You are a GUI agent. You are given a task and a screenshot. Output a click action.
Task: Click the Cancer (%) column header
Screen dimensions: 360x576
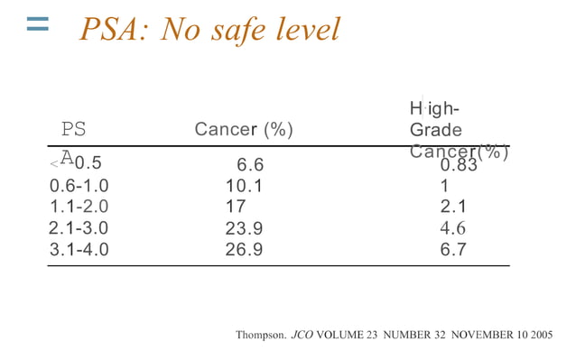(x=244, y=130)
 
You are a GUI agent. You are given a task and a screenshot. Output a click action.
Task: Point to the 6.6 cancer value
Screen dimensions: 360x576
(x=250, y=165)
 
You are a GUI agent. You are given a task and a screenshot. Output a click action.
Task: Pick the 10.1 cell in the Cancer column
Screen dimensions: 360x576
(x=244, y=186)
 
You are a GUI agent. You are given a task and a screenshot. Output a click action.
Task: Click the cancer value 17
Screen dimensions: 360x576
(x=236, y=207)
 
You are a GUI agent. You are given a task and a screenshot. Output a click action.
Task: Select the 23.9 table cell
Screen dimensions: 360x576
(x=244, y=228)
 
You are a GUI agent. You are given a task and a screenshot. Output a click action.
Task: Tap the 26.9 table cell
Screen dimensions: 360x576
(x=244, y=249)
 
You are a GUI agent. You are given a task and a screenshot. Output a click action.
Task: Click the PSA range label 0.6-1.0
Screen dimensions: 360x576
(x=79, y=186)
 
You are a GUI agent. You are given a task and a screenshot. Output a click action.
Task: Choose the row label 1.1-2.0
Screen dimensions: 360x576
(x=79, y=207)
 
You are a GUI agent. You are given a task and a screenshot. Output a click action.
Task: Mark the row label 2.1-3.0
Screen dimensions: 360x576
(x=79, y=228)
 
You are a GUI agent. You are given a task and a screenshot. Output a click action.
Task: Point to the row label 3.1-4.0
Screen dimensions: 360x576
(x=79, y=249)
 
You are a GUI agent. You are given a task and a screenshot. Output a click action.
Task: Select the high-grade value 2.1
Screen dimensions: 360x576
(x=453, y=207)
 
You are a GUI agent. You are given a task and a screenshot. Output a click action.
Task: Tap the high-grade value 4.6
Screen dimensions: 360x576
(x=453, y=228)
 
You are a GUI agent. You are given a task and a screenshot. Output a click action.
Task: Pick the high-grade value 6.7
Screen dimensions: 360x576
(x=453, y=249)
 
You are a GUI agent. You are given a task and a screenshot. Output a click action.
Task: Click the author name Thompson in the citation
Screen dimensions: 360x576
(x=260, y=335)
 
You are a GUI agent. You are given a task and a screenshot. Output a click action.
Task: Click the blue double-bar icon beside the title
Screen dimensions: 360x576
(x=37, y=25)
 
